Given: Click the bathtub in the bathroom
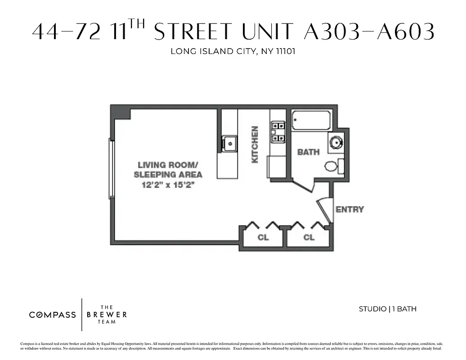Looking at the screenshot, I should (311, 120).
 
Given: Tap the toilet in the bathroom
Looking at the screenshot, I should (332, 166).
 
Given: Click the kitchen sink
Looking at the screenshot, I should (229, 144).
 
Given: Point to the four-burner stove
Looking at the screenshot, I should (278, 132).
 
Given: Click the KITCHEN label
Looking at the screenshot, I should (255, 144).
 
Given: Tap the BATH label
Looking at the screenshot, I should (309, 152).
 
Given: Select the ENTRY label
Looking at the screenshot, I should (349, 209).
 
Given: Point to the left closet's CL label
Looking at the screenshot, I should (263, 237).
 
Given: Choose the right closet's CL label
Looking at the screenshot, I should (309, 237).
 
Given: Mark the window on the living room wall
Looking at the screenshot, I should (111, 168).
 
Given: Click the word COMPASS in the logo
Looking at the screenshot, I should (53, 315).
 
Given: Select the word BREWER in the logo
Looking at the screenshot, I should (107, 315).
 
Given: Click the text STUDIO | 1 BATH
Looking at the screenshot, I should (387, 309).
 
